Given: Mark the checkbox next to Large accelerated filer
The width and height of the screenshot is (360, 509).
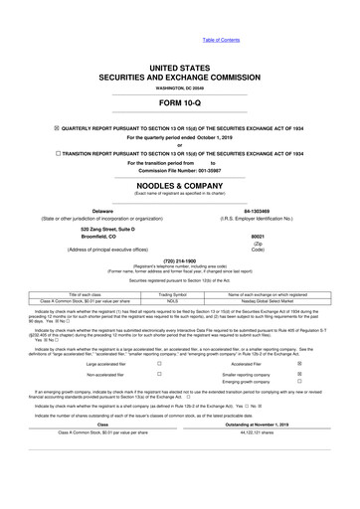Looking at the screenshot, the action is [159, 365].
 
